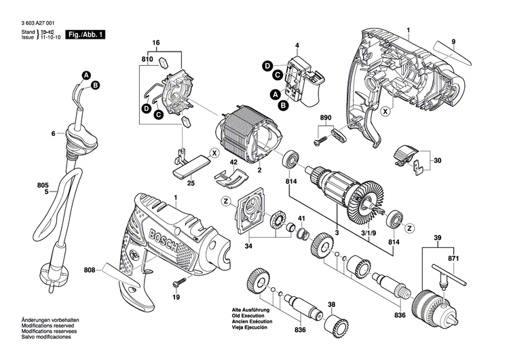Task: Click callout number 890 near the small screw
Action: tap(326, 119)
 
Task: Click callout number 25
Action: tap(191, 183)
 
